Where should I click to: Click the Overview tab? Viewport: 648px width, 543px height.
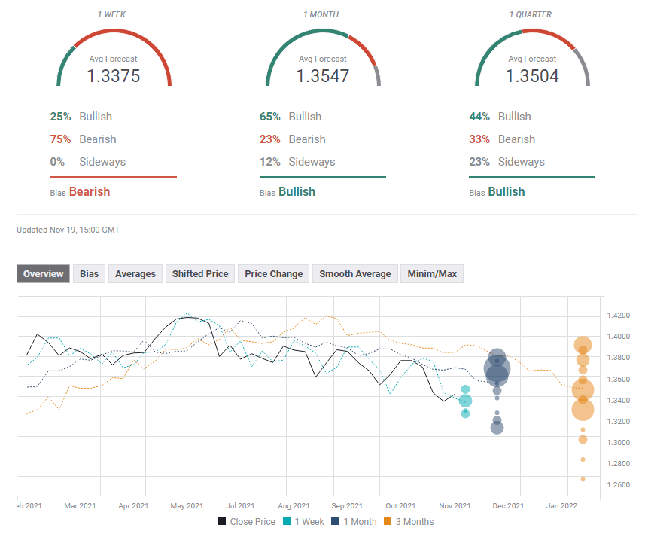click(x=44, y=274)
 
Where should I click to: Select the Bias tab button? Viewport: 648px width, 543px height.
click(x=89, y=274)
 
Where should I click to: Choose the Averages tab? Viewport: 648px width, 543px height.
click(x=135, y=274)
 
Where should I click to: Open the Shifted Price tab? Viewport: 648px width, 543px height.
click(x=200, y=274)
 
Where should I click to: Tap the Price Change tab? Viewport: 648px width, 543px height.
click(x=274, y=274)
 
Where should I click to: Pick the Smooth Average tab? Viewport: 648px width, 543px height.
click(x=354, y=274)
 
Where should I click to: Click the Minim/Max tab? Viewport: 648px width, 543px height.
click(x=432, y=274)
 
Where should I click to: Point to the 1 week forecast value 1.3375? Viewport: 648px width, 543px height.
click(x=114, y=76)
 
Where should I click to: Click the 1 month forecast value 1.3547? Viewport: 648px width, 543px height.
click(x=323, y=76)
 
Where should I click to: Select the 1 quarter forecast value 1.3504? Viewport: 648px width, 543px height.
click(x=532, y=76)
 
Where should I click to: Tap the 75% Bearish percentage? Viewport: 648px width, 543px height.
click(x=61, y=139)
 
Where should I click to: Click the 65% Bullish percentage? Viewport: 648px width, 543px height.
click(x=270, y=117)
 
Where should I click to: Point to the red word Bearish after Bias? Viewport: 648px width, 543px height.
click(x=90, y=192)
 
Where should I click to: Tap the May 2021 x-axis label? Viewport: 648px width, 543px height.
click(x=187, y=506)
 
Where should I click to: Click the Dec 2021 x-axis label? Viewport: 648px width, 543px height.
click(x=508, y=506)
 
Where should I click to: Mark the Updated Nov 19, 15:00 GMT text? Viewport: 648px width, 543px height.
click(x=68, y=230)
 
